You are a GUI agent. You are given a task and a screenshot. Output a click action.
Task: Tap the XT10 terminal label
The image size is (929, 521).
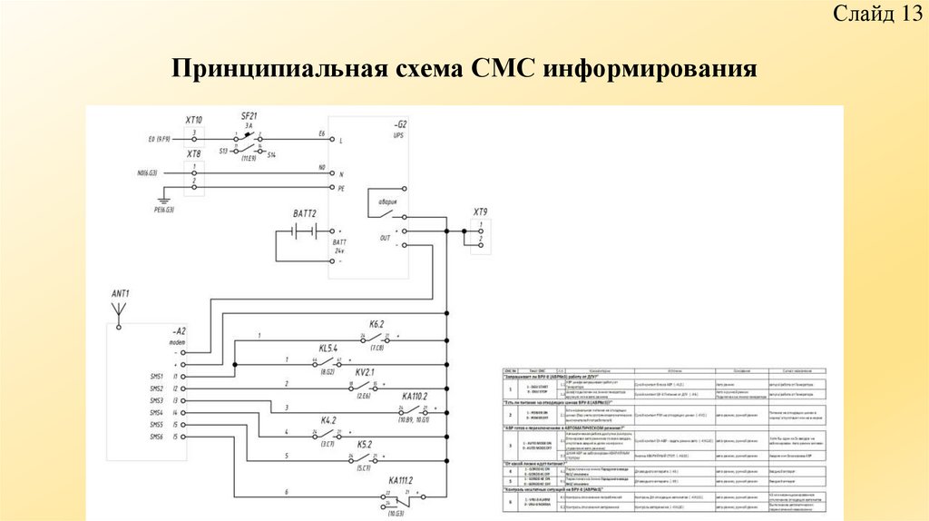tap(194, 120)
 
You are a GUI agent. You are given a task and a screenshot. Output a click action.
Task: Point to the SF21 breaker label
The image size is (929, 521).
tap(249, 115)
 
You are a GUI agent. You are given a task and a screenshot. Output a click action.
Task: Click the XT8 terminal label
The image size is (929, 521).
tap(194, 154)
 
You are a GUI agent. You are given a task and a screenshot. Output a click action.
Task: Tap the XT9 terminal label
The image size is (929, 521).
tap(480, 212)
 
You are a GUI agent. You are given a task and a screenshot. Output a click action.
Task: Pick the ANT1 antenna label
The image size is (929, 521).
tap(121, 293)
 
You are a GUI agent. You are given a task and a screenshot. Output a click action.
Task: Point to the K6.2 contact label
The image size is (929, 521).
tap(376, 324)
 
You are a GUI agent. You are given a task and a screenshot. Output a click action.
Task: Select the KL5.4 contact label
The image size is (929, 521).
tap(328, 349)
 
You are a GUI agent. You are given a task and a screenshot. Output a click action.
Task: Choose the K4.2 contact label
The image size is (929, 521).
tap(328, 420)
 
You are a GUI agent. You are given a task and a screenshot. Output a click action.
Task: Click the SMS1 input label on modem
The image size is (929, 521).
tap(157, 375)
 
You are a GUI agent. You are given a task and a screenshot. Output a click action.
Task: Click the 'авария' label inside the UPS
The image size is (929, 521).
tap(388, 202)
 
